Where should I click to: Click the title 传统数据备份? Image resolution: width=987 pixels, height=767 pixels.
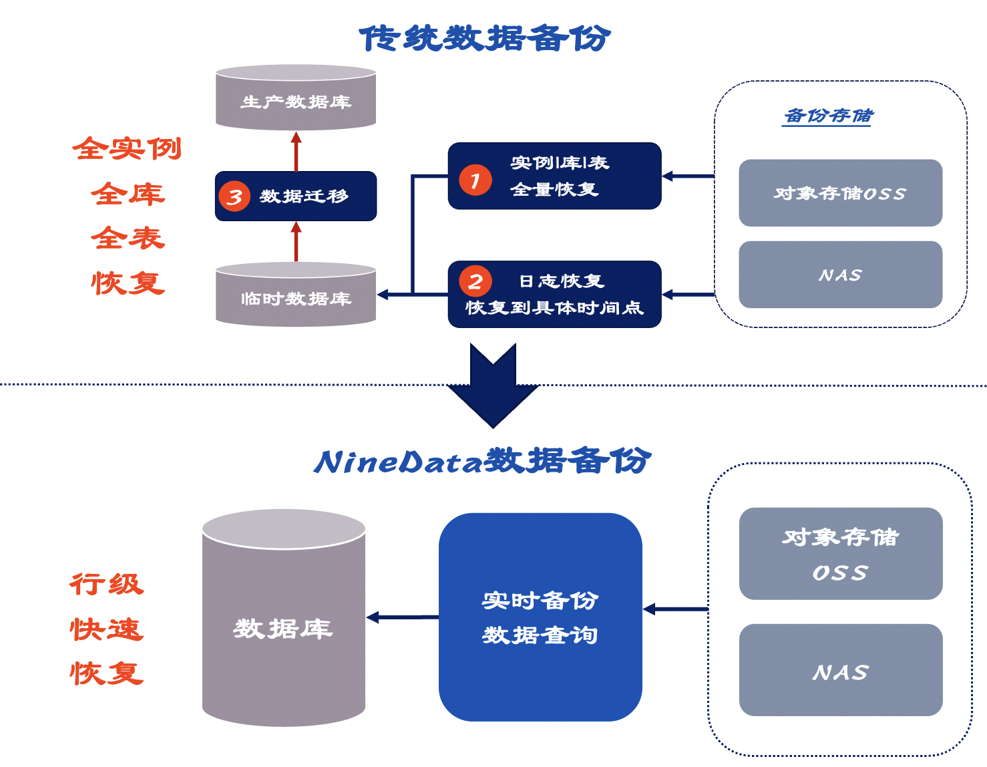tap(485, 38)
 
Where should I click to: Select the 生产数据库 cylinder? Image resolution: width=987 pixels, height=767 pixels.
tap(296, 98)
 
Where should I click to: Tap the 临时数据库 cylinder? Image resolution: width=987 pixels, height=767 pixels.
tap(296, 295)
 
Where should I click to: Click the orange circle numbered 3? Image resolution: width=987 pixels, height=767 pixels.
tap(234, 196)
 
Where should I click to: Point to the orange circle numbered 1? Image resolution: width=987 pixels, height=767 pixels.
tap(475, 180)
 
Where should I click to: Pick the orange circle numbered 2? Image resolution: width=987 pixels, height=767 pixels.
tap(475, 281)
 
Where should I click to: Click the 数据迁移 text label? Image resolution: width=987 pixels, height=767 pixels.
tap(304, 196)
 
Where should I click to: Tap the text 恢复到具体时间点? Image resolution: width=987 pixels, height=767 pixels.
tap(554, 308)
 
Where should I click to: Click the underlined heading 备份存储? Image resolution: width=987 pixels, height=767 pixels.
tap(828, 116)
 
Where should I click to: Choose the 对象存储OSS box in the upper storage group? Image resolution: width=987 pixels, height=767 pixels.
tap(840, 193)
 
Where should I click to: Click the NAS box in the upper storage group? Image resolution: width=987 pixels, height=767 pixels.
tap(840, 275)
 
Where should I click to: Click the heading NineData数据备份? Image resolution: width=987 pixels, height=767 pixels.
tap(482, 461)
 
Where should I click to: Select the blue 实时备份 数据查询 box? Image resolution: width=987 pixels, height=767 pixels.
tap(540, 617)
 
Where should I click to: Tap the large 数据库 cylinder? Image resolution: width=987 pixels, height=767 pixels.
tap(283, 621)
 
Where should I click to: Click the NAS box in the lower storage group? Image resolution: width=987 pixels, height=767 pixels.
tap(840, 670)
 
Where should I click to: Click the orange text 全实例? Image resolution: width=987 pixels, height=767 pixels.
tap(127, 148)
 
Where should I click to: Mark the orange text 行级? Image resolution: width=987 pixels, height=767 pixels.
tap(107, 585)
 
